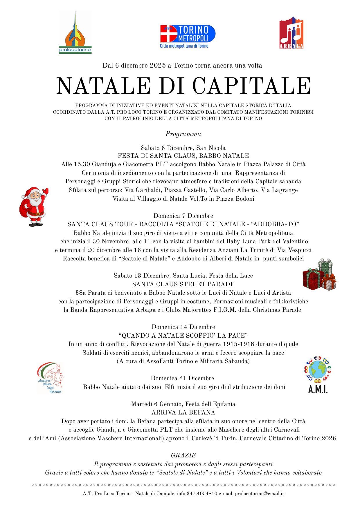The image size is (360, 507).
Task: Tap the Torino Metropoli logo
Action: click(188, 36)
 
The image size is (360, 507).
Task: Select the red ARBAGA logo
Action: click(291, 33)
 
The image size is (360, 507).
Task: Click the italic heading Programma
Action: click(183, 134)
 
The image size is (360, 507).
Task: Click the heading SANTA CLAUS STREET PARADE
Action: click(183, 284)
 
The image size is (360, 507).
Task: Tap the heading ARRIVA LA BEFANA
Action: click(183, 412)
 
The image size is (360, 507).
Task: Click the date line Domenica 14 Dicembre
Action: click(183, 327)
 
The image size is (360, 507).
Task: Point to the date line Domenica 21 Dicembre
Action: click(182, 378)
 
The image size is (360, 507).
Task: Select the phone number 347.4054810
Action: click(202, 493)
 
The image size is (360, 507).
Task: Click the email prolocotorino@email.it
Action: click(259, 493)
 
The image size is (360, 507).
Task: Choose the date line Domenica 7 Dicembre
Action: click(183, 216)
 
